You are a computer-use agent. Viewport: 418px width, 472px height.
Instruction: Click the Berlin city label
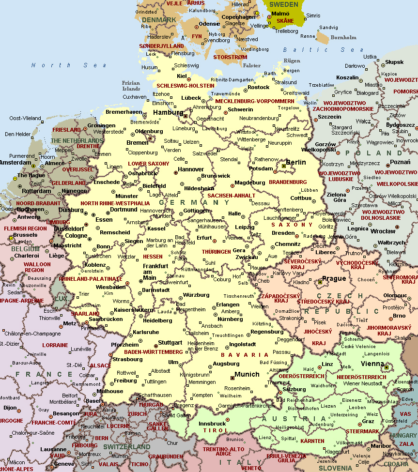[x=296, y=163]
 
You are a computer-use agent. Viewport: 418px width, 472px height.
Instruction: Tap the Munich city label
[x=247, y=374]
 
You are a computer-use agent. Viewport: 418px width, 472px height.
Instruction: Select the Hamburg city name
[x=168, y=112]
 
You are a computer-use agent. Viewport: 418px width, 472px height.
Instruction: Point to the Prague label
[x=334, y=278]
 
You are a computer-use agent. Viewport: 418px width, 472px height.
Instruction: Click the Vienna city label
[x=372, y=364]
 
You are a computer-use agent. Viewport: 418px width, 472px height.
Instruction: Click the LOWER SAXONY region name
[x=149, y=164]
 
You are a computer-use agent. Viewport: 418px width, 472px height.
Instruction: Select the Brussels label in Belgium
[x=25, y=235]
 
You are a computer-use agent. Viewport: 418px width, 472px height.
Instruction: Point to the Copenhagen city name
[x=238, y=17]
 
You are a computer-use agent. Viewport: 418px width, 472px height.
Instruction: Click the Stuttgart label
[x=170, y=342]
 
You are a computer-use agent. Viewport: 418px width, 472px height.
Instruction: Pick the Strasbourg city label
[x=127, y=359]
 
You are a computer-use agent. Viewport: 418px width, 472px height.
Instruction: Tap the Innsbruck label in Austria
[x=213, y=423]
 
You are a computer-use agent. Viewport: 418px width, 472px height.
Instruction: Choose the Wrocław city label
[x=383, y=231]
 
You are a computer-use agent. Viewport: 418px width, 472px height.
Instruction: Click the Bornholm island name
[x=343, y=37]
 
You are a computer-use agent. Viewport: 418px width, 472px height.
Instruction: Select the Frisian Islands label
[x=131, y=86]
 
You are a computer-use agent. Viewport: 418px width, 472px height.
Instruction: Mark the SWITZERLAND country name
[x=126, y=446]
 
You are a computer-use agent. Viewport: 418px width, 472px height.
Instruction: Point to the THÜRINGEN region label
[x=216, y=252]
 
